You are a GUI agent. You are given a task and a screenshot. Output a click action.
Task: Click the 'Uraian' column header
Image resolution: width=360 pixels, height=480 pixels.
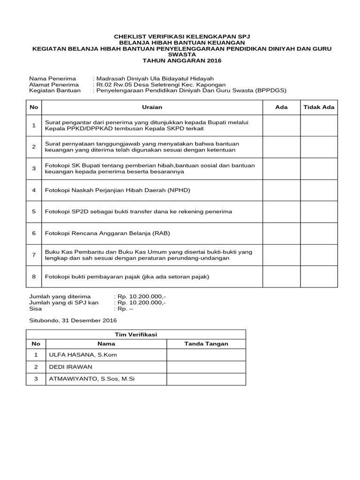pyautogui.click(x=151, y=107)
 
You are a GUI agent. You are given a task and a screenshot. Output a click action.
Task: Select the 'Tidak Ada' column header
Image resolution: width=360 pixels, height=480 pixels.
pyautogui.click(x=319, y=107)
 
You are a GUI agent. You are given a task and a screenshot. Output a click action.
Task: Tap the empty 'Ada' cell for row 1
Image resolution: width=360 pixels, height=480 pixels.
pyautogui.click(x=281, y=125)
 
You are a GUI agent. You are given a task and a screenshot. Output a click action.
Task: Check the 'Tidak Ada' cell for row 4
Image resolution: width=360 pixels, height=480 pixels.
pyautogui.click(x=319, y=190)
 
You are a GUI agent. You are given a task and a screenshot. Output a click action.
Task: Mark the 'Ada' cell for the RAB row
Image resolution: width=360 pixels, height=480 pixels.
pyautogui.click(x=281, y=233)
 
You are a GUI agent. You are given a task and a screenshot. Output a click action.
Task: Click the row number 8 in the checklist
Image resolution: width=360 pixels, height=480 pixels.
pyautogui.click(x=34, y=277)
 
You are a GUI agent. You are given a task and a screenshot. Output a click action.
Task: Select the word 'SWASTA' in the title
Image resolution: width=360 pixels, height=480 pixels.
pyautogui.click(x=180, y=54)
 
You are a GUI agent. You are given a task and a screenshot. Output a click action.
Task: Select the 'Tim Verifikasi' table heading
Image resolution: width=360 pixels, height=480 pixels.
pyautogui.click(x=136, y=334)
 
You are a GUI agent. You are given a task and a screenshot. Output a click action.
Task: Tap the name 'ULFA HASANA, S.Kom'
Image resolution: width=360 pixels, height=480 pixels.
pyautogui.click(x=82, y=355)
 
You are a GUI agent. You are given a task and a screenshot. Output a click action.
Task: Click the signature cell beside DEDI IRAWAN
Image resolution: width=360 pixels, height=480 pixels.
pyautogui.click(x=206, y=367)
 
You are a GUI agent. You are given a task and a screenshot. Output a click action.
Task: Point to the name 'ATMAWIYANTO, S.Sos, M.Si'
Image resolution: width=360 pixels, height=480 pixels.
pyautogui.click(x=91, y=379)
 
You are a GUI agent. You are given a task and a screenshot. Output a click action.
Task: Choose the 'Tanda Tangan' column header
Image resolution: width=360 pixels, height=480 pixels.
pyautogui.click(x=206, y=344)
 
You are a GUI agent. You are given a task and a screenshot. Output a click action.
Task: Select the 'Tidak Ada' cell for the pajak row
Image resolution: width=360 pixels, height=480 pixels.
pyautogui.click(x=319, y=277)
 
